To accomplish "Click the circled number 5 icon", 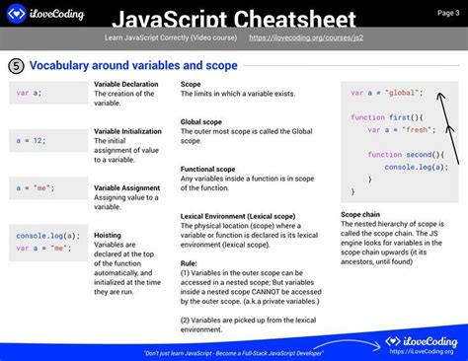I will (x=16, y=65).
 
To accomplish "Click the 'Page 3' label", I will (x=449, y=12).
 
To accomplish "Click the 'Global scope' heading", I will (x=201, y=122).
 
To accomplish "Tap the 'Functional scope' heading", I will (x=208, y=169).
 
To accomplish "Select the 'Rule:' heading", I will (x=190, y=262).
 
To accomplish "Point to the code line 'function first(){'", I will (x=380, y=116).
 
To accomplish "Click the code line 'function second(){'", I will (x=406, y=155).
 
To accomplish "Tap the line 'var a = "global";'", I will (x=386, y=92).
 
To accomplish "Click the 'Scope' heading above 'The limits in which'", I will (x=192, y=84).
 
